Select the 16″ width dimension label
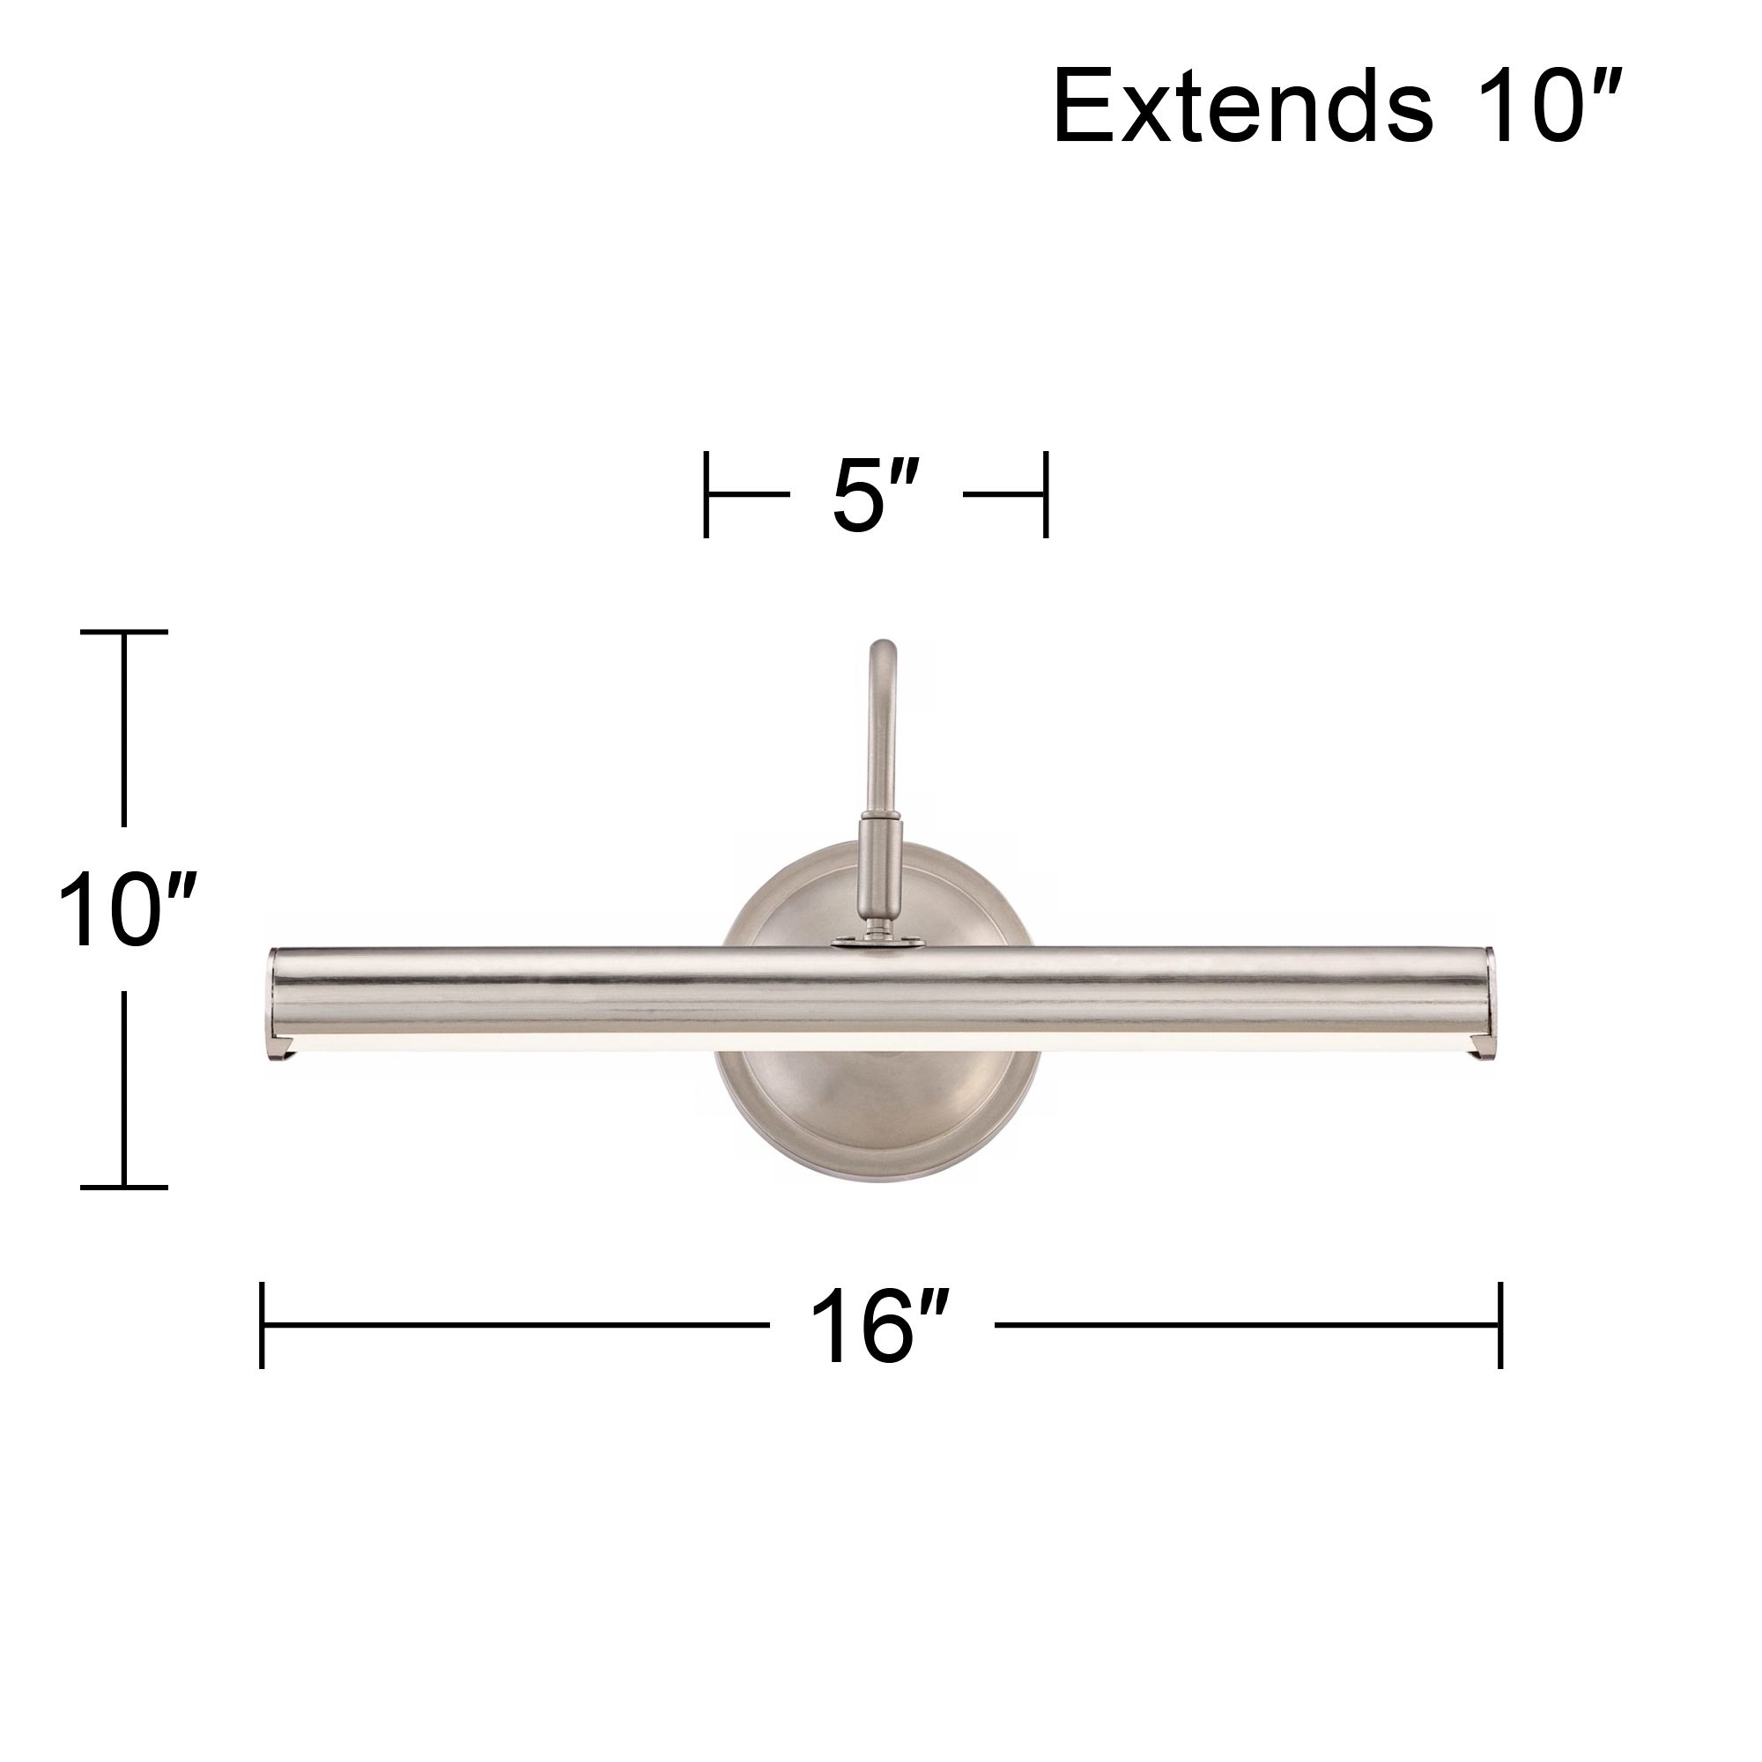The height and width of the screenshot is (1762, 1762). click(x=880, y=1326)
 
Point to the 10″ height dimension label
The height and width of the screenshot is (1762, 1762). click(x=126, y=910)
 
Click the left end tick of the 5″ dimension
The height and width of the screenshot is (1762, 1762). click(x=706, y=494)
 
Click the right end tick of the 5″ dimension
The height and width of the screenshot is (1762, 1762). click(x=1046, y=494)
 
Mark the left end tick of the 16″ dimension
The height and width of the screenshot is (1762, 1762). click(x=262, y=1325)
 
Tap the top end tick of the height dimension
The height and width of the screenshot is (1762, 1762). click(x=124, y=631)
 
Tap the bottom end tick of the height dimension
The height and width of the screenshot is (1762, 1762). click(x=124, y=1188)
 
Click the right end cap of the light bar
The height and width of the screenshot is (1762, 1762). click(x=1488, y=1003)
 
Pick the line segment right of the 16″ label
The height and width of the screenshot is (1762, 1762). click(x=1246, y=1325)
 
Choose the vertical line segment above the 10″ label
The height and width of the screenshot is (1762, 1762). click(x=124, y=729)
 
